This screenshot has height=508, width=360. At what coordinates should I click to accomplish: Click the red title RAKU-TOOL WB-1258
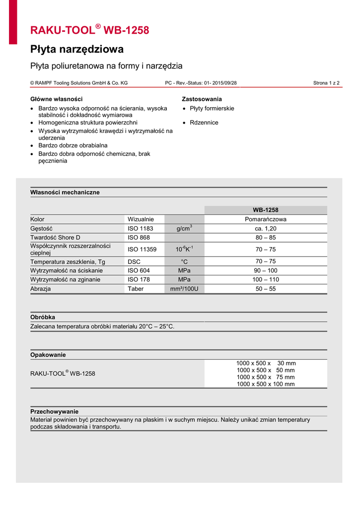click(x=89, y=30)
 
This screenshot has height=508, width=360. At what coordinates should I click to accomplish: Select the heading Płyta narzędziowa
click(x=77, y=50)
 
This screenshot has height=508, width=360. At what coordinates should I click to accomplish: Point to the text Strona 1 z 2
click(x=326, y=83)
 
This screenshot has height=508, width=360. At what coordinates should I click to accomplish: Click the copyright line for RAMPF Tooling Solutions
click(x=79, y=83)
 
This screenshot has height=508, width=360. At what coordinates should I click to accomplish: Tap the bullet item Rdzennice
click(x=204, y=123)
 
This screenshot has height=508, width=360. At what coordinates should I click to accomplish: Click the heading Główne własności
click(x=57, y=99)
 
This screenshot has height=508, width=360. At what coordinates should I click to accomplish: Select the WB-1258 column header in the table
click(x=266, y=210)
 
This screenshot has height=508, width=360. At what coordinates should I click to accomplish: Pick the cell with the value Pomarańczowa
click(x=266, y=219)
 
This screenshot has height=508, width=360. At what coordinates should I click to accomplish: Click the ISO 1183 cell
click(x=141, y=229)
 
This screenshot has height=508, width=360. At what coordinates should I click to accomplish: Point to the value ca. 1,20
click(x=266, y=229)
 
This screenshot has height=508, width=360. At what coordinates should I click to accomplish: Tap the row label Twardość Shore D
click(x=55, y=238)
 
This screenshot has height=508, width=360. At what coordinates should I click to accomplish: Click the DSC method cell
click(x=134, y=261)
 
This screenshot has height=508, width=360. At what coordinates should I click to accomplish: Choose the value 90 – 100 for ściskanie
click(x=266, y=270)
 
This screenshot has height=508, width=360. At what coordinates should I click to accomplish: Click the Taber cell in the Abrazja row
click(x=136, y=289)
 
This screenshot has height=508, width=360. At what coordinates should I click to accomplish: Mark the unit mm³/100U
click(x=184, y=289)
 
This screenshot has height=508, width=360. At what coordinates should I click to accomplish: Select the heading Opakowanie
click(x=48, y=355)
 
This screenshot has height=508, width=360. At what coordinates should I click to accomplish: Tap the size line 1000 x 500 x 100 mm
click(x=266, y=384)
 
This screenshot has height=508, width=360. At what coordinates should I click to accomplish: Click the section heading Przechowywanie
click(x=55, y=412)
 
